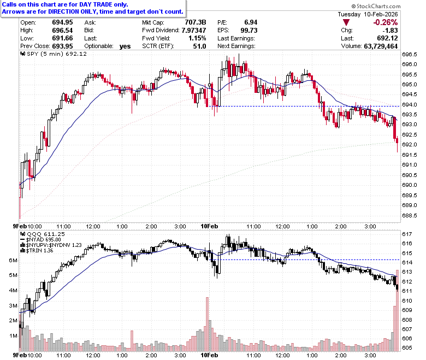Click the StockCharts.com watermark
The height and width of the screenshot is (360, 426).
tap(376, 6)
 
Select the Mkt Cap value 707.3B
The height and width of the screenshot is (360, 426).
tap(196, 22)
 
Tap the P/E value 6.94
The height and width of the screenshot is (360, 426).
tap(251, 22)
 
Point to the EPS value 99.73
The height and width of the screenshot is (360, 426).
tap(249, 30)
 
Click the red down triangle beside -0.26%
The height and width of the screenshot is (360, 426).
tap(346, 22)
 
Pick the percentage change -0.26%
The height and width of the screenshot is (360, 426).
tap(385, 22)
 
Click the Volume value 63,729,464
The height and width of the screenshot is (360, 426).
tap(381, 46)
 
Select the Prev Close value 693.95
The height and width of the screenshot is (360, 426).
tap(62, 46)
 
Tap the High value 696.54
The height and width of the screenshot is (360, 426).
tap(62, 30)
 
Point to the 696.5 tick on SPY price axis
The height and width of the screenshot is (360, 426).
tap(409, 54)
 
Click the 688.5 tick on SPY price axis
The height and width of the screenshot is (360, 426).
tap(409, 215)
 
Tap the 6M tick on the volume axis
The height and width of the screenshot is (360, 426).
tap(13, 260)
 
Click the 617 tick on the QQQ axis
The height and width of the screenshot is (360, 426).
tap(407, 234)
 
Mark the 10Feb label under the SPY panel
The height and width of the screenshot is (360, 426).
tap(209, 226)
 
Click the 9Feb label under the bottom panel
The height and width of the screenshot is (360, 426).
tap(20, 355)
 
